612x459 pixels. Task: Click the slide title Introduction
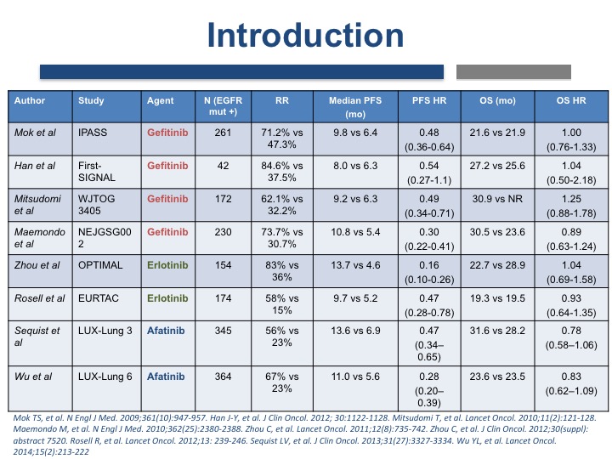tap(305, 35)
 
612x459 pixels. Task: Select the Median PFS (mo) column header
tap(355, 107)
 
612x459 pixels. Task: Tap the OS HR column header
tap(571, 100)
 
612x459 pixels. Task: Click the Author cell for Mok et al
tap(35, 133)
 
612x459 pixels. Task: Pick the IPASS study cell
tap(93, 133)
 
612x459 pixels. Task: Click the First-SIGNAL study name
tap(97, 172)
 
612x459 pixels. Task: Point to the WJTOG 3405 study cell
tap(96, 205)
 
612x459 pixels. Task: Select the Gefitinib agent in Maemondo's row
tap(167, 232)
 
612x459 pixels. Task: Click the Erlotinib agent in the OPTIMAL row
tap(167, 265)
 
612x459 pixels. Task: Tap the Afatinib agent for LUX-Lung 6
tap(166, 377)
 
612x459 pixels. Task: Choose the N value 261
tap(223, 133)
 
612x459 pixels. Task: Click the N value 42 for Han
tap(223, 166)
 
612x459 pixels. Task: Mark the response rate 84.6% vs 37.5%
tap(282, 172)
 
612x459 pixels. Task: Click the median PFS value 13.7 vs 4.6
tap(355, 265)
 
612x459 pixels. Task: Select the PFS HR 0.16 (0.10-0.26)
tap(429, 273)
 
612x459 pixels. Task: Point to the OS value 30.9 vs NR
tap(497, 199)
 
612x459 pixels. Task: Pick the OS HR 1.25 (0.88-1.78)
tap(571, 206)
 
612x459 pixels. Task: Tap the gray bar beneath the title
tap(513, 72)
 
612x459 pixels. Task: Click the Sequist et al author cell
tap(37, 337)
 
